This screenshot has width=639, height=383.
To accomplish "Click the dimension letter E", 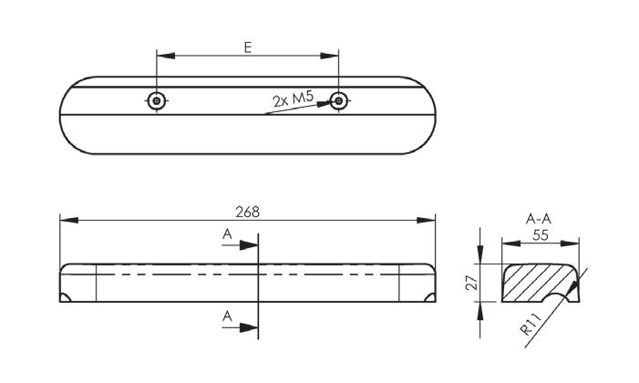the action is point(249,46).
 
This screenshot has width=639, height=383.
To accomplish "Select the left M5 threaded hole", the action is point(157,100).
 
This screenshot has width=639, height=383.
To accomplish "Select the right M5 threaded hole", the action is point(339,100).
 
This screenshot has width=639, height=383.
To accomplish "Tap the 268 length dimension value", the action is point(247,211).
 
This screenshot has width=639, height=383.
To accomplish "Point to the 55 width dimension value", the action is point(541,234).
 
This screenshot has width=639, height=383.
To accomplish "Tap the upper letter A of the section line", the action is point(227,234).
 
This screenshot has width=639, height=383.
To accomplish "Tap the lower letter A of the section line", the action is point(227,315).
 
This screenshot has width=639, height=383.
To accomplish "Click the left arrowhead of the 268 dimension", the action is point(66,220).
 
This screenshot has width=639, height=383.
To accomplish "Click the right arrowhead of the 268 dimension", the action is point(430,220).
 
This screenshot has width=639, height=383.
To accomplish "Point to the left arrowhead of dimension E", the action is point(163,55).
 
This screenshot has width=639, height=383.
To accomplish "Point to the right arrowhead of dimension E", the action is point(333,55).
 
